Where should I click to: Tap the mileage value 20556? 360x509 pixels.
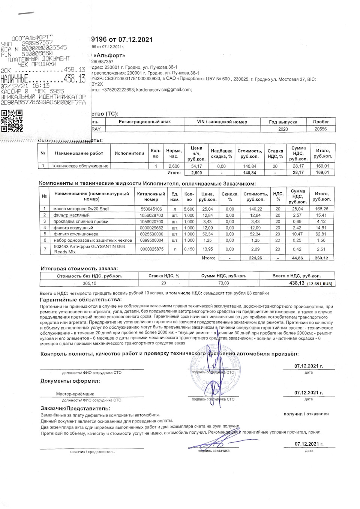pos(321,129)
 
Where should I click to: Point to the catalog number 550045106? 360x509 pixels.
pos(151,209)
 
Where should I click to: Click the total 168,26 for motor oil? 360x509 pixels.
pos(322,209)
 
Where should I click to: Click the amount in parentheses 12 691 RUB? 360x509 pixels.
pos(319,284)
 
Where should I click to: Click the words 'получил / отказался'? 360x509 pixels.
pos(306,414)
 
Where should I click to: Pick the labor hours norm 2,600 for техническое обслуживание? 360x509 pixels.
pos(174,166)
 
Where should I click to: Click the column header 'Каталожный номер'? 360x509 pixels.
pos(151,196)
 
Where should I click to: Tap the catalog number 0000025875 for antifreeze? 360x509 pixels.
pos(151,249)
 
